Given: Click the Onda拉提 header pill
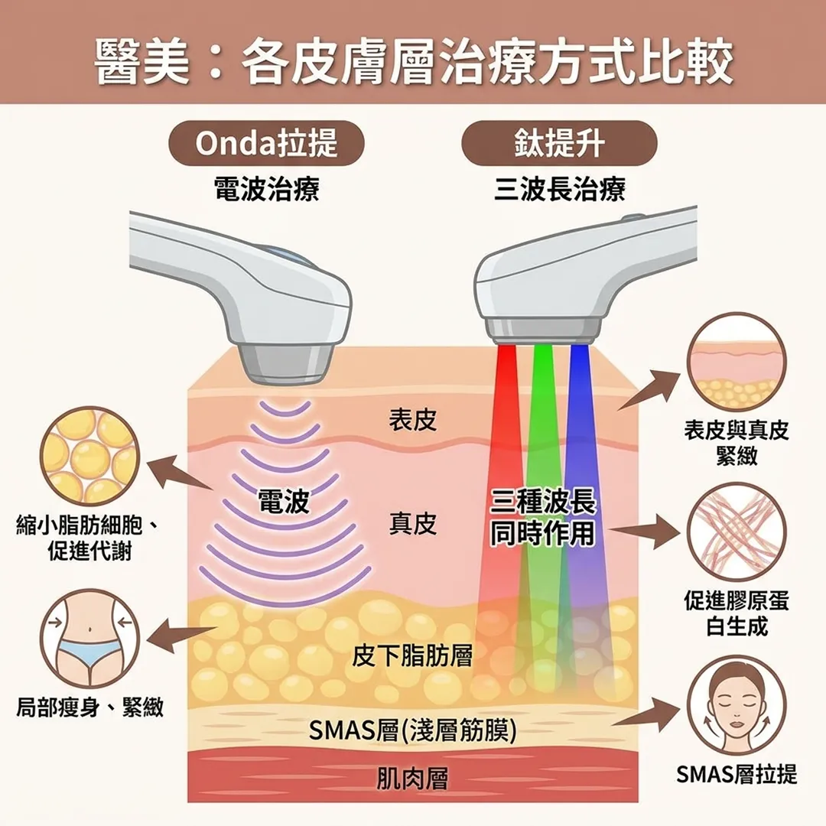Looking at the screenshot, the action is pyautogui.click(x=266, y=143).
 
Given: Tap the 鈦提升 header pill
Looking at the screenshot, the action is pyautogui.click(x=559, y=143).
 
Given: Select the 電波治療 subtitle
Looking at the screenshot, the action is pyautogui.click(x=267, y=189).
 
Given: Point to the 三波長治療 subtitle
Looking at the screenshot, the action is pyautogui.click(x=559, y=189).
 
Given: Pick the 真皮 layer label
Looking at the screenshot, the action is pyautogui.click(x=413, y=524).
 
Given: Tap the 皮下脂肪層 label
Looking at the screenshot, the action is pyautogui.click(x=412, y=656).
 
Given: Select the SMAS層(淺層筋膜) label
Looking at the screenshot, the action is pyautogui.click(x=412, y=730).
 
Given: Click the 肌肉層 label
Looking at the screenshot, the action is pyautogui.click(x=412, y=779).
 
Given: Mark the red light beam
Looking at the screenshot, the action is pyautogui.click(x=495, y=516).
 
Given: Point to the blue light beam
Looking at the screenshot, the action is pyautogui.click(x=586, y=516).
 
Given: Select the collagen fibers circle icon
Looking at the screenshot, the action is pyautogui.click(x=737, y=532).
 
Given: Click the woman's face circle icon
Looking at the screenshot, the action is pyautogui.click(x=737, y=706).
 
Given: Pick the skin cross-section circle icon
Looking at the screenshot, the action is pyautogui.click(x=737, y=363).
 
